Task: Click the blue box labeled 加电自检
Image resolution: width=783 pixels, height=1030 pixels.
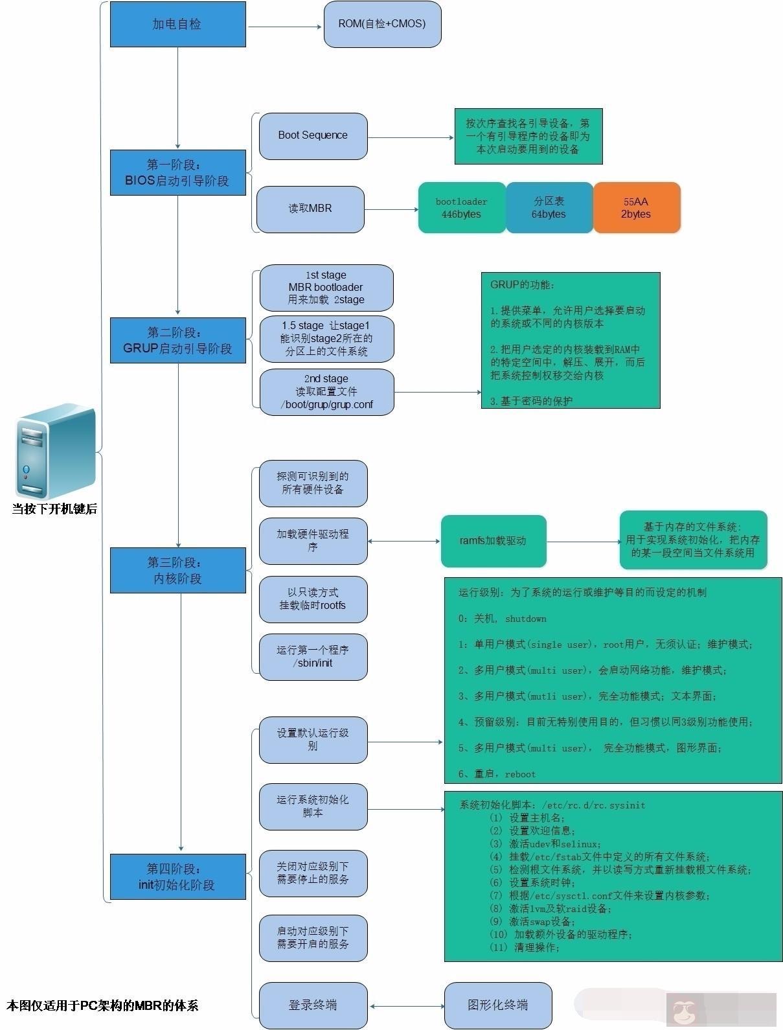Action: tap(177, 24)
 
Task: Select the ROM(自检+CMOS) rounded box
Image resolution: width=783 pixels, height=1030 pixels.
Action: tap(382, 24)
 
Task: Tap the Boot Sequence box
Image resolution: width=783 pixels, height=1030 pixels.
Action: tap(313, 135)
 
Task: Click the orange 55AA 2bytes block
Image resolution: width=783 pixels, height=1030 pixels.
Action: tap(636, 207)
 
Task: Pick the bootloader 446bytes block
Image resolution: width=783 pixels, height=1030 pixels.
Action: tap(461, 207)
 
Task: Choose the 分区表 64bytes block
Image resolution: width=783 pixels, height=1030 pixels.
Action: tap(549, 207)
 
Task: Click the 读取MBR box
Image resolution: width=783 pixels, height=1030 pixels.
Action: tap(310, 209)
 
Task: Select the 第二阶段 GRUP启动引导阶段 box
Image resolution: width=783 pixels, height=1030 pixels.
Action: tap(177, 340)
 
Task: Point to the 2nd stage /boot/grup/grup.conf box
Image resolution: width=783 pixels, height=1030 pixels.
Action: tap(326, 391)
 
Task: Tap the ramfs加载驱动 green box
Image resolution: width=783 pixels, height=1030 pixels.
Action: tap(493, 540)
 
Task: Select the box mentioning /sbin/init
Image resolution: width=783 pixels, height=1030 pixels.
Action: tap(313, 656)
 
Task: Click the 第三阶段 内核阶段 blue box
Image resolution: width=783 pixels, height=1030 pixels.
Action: tap(177, 570)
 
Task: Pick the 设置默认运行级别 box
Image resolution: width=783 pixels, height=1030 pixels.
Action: tap(313, 739)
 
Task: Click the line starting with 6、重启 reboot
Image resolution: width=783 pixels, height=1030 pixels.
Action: tap(497, 773)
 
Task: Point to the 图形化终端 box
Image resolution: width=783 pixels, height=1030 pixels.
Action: tap(497, 1005)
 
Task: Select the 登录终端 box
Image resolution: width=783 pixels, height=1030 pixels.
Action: tap(313, 1005)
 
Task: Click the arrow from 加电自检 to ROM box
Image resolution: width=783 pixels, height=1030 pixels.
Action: tap(285, 27)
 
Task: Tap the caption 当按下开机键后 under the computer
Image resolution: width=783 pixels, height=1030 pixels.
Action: tap(54, 509)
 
